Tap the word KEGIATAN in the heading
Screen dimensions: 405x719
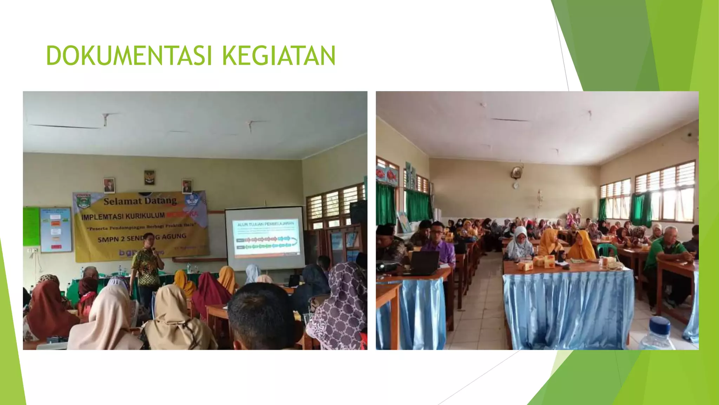pos(279,56)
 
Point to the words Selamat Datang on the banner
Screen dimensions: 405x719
pos(140,201)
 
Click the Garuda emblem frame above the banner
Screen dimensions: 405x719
pos(150,178)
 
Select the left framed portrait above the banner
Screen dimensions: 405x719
pos(109,185)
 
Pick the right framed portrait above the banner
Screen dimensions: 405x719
pos(187,186)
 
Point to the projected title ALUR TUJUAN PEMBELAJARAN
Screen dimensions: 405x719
pos(265,224)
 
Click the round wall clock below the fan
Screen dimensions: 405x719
pos(515,185)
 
